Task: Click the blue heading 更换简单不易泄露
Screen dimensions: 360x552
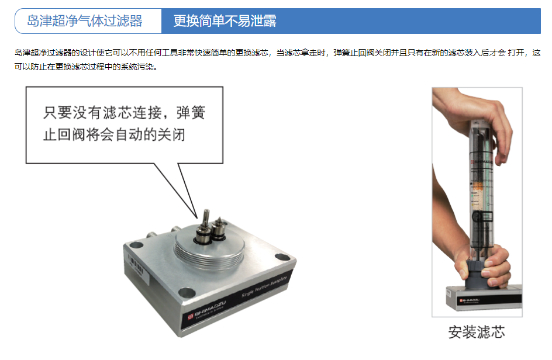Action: [225, 22]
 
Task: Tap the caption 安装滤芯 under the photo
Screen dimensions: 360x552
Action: [476, 333]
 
